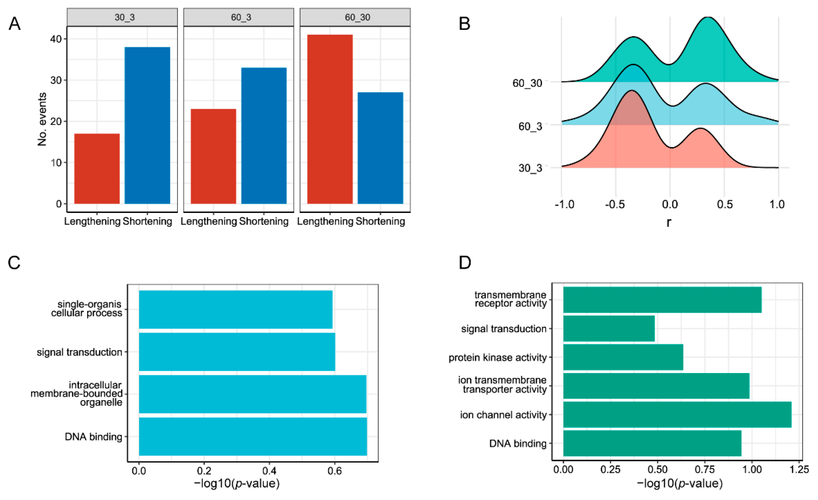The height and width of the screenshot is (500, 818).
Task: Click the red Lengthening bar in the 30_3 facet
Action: (x=97, y=169)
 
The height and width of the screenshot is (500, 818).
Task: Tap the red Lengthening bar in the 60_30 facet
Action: (x=330, y=119)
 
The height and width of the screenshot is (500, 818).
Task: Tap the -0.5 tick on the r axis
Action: (x=615, y=204)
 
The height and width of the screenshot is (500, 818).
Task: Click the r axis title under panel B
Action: (x=669, y=222)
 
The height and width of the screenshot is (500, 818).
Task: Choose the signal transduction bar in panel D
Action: (x=609, y=329)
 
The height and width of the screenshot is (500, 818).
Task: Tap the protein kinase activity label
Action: (x=497, y=357)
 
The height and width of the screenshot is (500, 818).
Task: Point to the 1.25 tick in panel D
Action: (x=799, y=469)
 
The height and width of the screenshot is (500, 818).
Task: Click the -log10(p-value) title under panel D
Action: (x=680, y=483)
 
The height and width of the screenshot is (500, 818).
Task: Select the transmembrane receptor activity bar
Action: (x=662, y=300)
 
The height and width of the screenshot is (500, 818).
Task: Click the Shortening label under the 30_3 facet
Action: (x=147, y=221)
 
